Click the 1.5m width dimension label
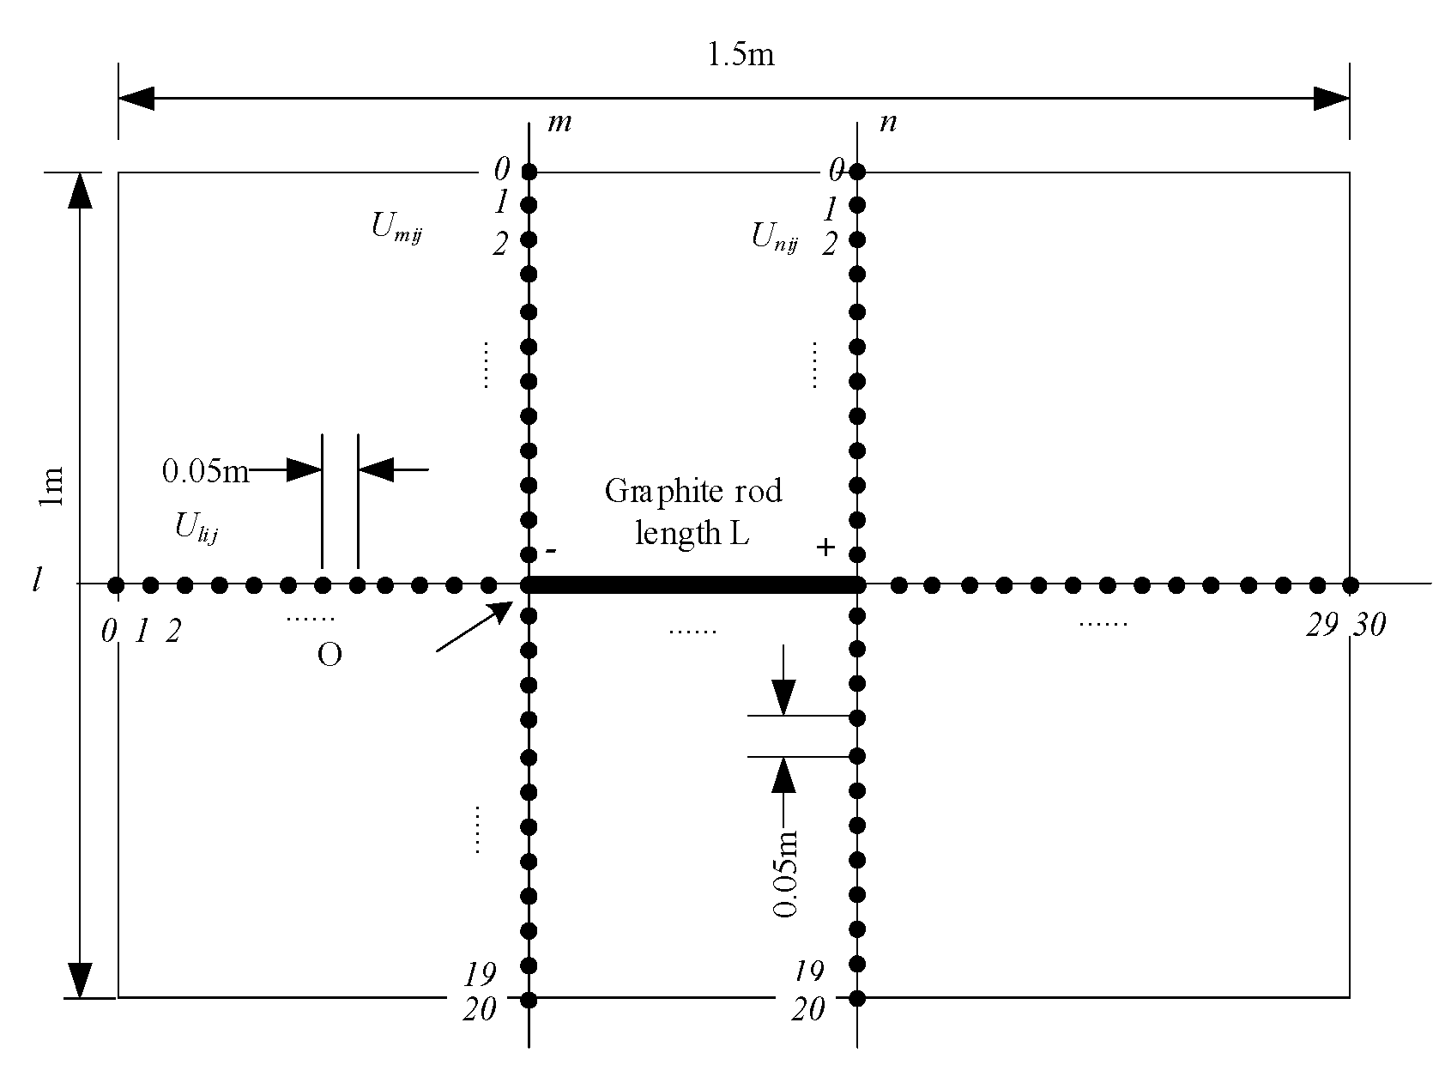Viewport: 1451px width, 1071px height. (740, 56)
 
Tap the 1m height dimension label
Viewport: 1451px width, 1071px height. (52, 486)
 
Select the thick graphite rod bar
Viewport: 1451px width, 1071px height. (693, 585)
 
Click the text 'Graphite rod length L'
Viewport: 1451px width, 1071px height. (693, 512)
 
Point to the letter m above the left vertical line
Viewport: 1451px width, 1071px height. (559, 123)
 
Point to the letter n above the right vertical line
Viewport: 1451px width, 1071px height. (889, 123)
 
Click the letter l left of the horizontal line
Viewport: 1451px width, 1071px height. (37, 583)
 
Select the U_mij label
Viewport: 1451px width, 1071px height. (396, 228)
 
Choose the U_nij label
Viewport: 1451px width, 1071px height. (776, 237)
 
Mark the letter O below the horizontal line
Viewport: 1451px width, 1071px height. (329, 656)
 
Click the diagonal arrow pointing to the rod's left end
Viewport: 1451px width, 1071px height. (474, 626)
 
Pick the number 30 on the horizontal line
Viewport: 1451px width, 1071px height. (1369, 627)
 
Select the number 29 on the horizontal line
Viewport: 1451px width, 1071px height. (1321, 627)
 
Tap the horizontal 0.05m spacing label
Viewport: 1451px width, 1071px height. (204, 471)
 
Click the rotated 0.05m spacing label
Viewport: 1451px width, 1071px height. (784, 874)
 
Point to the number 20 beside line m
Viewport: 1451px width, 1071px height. (480, 1010)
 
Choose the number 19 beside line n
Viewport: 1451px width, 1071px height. (807, 971)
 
